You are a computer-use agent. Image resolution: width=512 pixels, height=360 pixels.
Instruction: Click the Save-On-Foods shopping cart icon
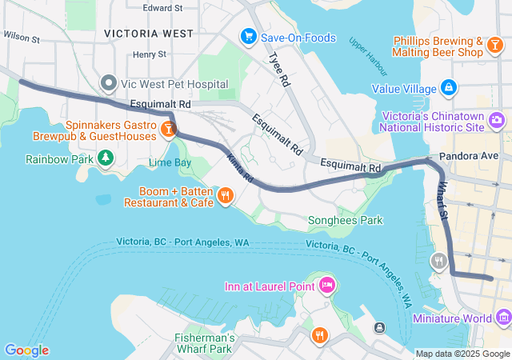coord(248,37)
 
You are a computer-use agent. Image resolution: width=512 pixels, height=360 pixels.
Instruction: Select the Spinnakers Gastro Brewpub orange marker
coord(169,129)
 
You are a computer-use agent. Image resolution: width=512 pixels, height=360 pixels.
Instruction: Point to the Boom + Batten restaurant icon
coord(226,194)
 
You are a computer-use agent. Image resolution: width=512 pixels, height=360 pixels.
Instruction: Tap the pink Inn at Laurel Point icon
coord(326,285)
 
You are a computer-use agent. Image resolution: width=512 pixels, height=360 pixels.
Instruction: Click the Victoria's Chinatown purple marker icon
coord(497,121)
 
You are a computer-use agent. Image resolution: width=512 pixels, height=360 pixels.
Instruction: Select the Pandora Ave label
coord(468,156)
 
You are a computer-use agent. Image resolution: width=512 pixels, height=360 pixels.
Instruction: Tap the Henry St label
coord(150,54)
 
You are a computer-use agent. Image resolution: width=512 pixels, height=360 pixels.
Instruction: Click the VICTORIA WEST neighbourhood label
coord(148,34)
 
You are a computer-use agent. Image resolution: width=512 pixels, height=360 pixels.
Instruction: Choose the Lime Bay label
coord(170,162)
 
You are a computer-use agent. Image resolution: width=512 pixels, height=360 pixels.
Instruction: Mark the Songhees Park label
coord(346,220)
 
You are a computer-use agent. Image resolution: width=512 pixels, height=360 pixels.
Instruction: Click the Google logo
coord(26,350)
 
